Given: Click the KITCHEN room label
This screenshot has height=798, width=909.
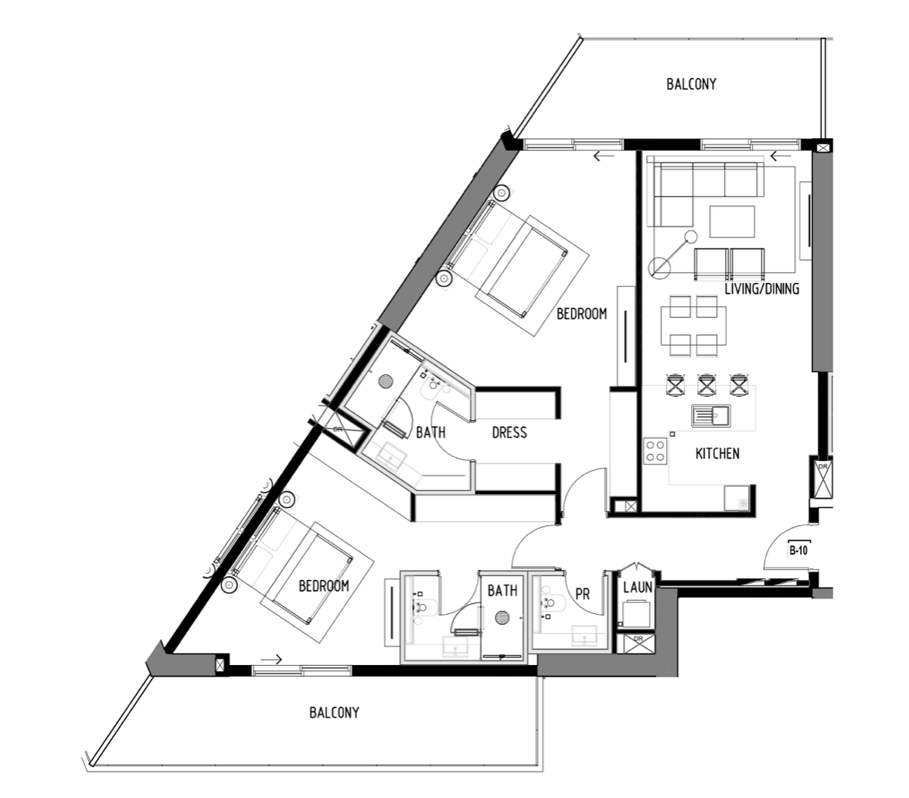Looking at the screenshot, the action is coord(717,453).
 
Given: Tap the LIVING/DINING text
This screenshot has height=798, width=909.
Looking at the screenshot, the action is coord(762,288).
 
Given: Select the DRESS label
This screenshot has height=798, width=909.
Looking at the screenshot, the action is coord(509,433).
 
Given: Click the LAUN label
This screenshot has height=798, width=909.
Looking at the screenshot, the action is coord(638,588).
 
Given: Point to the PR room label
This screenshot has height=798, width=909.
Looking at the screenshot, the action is coord(583,595).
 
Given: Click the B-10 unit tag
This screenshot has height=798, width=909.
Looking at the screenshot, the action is coord(798,550).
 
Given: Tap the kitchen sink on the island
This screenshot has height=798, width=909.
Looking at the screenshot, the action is coord(711,416).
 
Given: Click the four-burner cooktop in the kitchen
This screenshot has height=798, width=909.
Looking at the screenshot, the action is coord(655,451).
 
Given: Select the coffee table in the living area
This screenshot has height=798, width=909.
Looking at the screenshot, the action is coord(732,221).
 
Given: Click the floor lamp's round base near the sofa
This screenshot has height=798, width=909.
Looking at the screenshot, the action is coord(659,268).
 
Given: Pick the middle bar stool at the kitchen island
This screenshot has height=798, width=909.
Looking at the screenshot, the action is coord(706,385).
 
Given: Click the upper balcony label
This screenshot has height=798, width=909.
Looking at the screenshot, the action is coord(691,84).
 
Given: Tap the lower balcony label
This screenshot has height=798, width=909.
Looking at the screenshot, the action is coord(334,712).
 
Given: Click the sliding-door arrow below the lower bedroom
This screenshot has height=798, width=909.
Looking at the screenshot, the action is coord(271,660).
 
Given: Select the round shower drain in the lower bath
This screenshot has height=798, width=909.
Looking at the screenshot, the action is coord(502,619).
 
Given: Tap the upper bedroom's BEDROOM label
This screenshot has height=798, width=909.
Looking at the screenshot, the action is coord(581,314).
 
